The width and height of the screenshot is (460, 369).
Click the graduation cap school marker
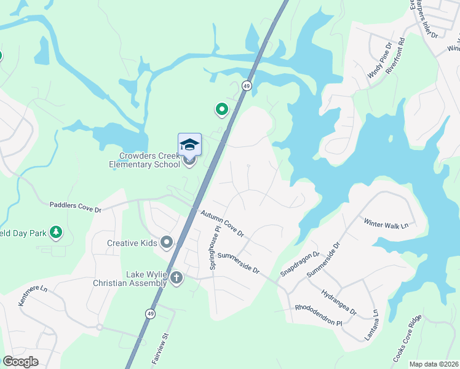click(189, 145)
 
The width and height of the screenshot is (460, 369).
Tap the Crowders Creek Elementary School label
click(144, 160)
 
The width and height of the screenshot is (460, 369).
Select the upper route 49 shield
click(247, 85)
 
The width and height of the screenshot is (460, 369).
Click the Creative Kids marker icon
click(167, 243)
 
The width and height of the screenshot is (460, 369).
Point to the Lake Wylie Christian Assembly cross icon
click(176, 278)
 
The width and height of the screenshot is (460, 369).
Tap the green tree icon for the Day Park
click(56, 232)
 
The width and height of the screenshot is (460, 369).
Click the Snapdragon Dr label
click(300, 263)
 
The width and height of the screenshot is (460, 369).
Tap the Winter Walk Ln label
click(386, 223)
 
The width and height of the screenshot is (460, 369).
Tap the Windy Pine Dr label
click(379, 60)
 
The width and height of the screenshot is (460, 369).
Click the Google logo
click(21, 362)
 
